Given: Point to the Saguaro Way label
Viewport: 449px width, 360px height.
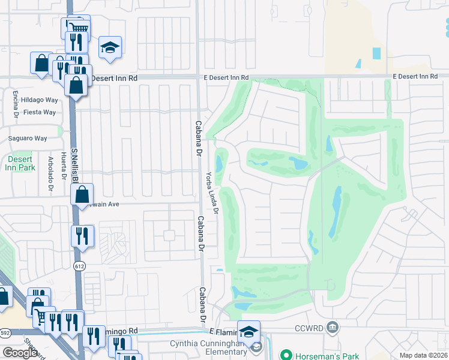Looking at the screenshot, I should pos(28,138).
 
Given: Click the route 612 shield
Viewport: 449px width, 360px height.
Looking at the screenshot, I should pos(79,265).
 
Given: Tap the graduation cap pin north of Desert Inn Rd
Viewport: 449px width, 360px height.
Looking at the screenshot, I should pos(110,48).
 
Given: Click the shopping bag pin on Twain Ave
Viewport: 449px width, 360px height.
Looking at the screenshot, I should pos(83,194).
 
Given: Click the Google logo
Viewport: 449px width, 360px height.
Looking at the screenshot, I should pos(20,352).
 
